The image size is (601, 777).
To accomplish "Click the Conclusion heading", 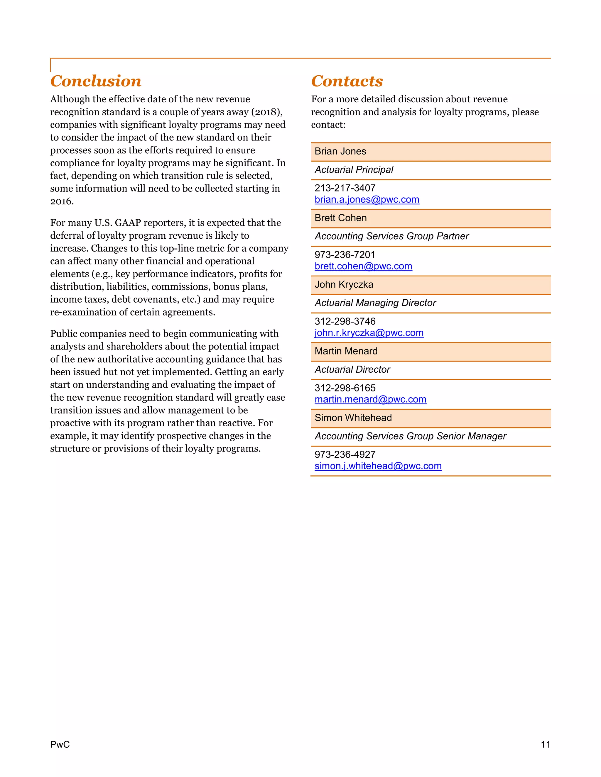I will pos(96,81).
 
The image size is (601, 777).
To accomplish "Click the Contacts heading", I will pos(347,81).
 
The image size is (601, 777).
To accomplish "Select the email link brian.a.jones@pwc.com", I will pos(367,200).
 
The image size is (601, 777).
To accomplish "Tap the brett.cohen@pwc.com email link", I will pos(363,266).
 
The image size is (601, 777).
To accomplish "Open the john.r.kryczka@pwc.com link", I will pos(369,333).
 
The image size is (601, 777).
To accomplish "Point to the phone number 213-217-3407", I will pos(345,188).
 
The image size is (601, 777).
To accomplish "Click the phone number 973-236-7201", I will pos(345,255).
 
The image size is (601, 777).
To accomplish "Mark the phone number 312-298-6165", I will pos(345,388).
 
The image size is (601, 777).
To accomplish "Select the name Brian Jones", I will pos(340,152).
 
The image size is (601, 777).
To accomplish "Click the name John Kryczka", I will pos(344,285).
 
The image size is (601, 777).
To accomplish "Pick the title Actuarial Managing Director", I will pos(375,303).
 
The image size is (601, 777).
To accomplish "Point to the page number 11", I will pos(545,744).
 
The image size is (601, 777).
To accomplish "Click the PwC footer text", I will pos(60,744).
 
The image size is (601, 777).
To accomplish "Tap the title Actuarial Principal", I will pos(354,170).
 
